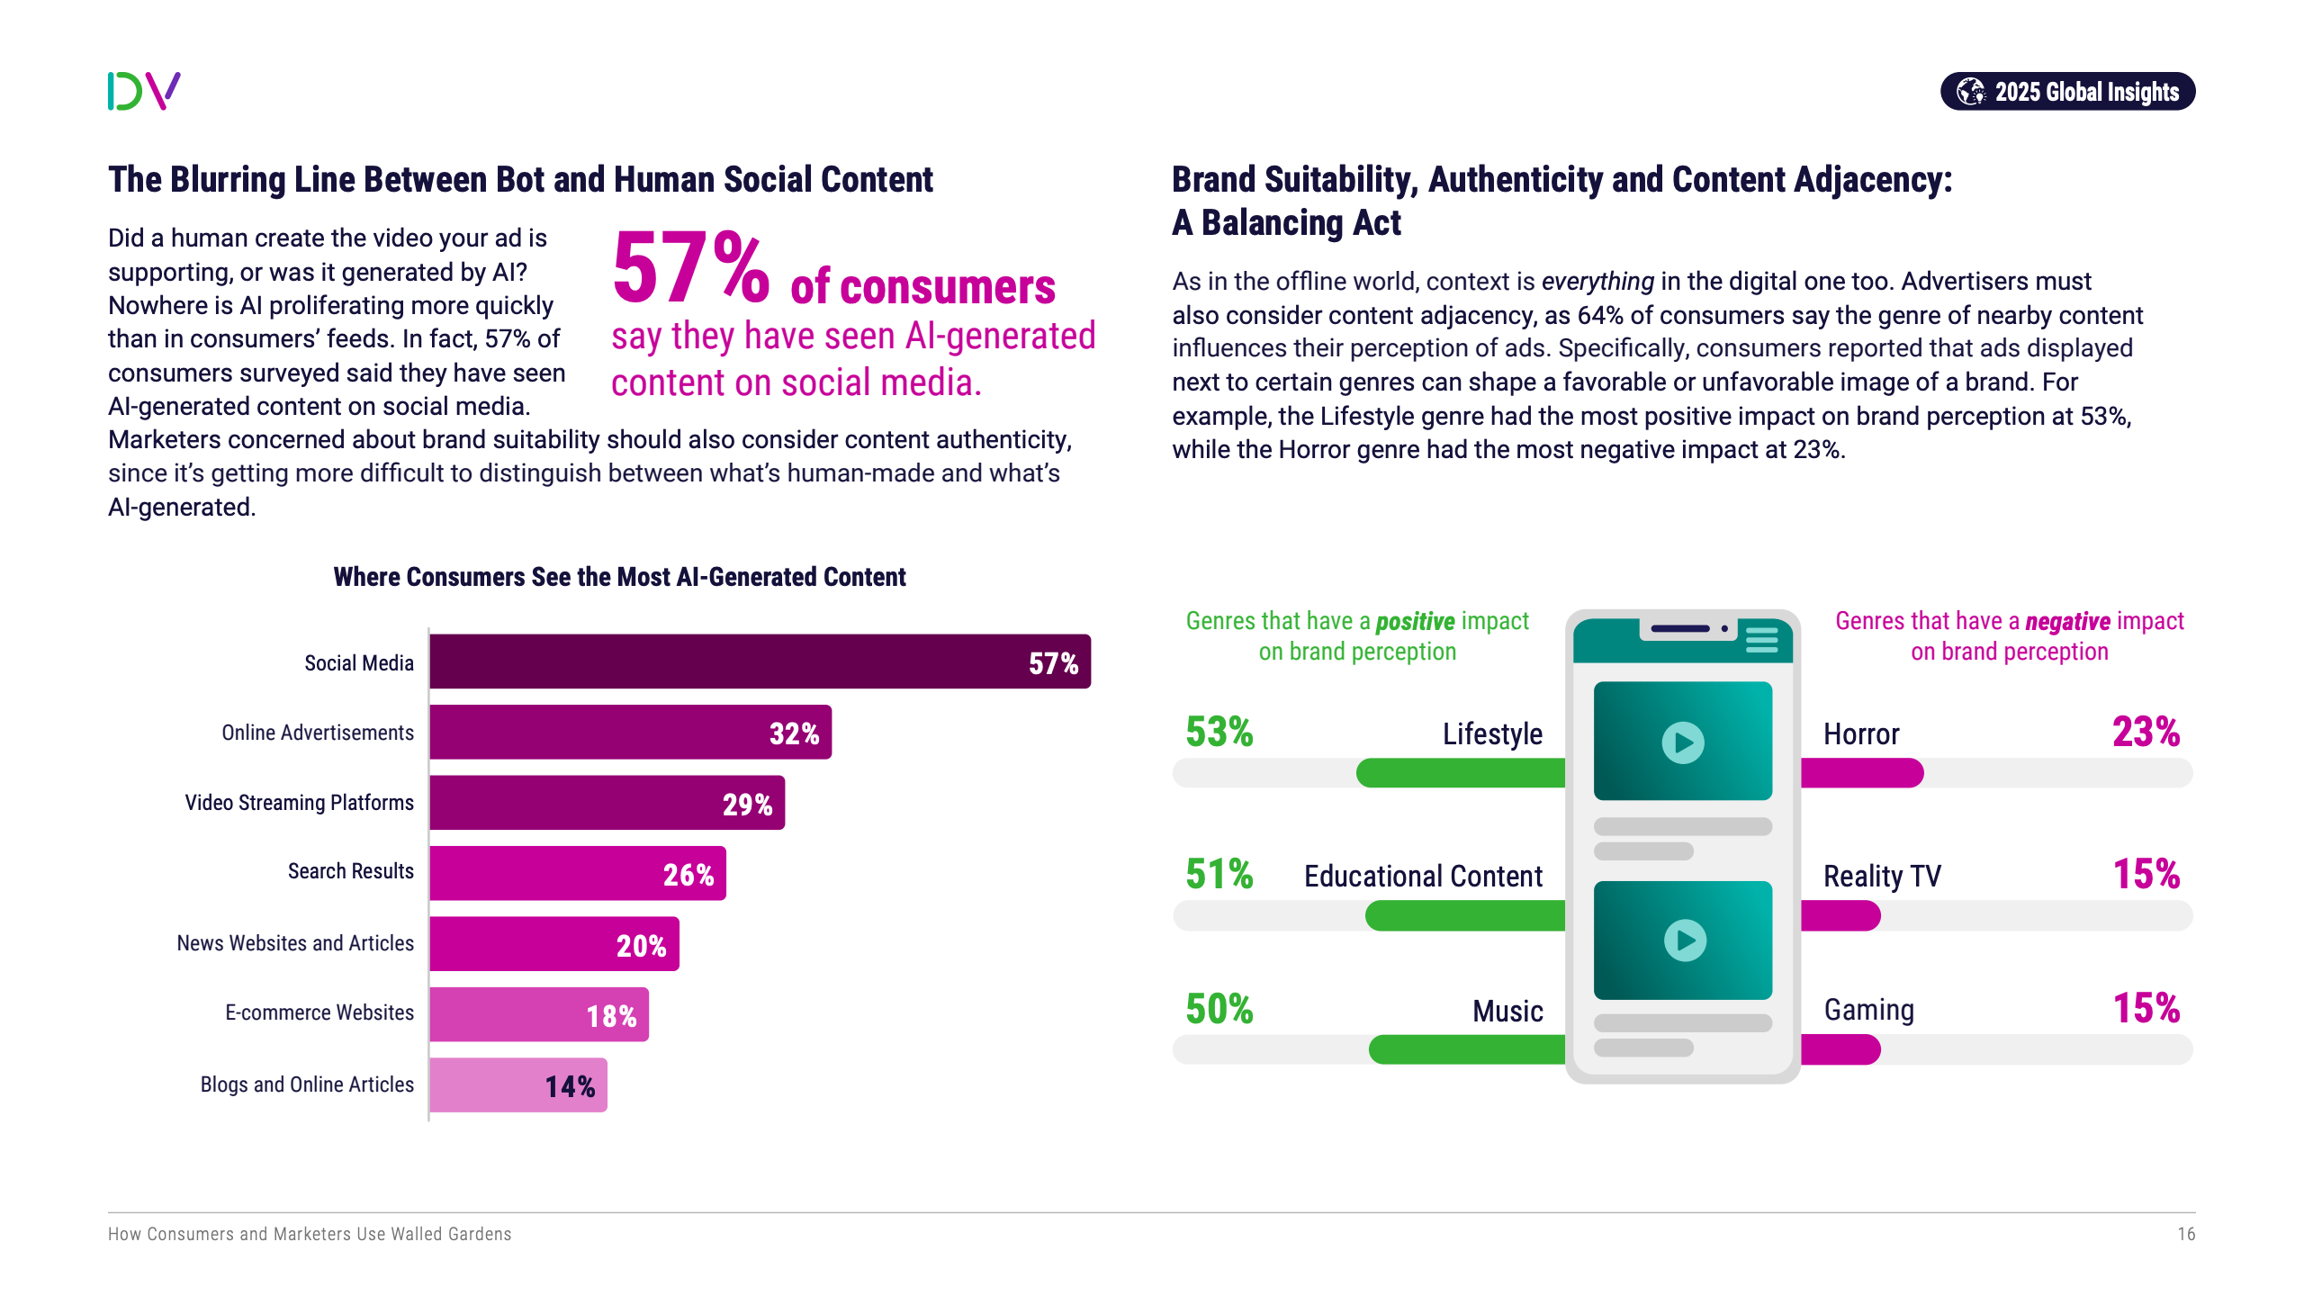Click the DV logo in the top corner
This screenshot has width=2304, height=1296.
[x=144, y=91]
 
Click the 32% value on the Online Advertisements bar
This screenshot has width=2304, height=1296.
[x=794, y=733]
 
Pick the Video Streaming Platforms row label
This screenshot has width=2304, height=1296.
[x=299, y=803]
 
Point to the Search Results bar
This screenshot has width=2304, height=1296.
[x=577, y=873]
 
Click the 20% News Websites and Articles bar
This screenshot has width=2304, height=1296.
[x=553, y=944]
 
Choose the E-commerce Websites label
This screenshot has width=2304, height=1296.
[x=319, y=1013]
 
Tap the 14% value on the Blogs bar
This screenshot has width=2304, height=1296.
[x=570, y=1086]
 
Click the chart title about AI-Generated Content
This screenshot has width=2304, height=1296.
[x=619, y=577]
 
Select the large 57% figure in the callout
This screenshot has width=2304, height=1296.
[x=690, y=268]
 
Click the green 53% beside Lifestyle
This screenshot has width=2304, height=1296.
[x=1219, y=732]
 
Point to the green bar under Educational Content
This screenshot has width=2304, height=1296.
[x=1464, y=915]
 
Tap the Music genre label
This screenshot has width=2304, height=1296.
[x=1507, y=1012]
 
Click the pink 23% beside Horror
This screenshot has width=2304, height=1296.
[x=2146, y=732]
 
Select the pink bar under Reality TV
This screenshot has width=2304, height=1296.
[x=1840, y=915]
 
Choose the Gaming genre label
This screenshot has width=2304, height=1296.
[x=1868, y=1010]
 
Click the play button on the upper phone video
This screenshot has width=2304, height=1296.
[x=1683, y=742]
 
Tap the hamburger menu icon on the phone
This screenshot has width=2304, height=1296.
[x=1761, y=639]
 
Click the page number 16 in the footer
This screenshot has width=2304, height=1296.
[x=2186, y=1234]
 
